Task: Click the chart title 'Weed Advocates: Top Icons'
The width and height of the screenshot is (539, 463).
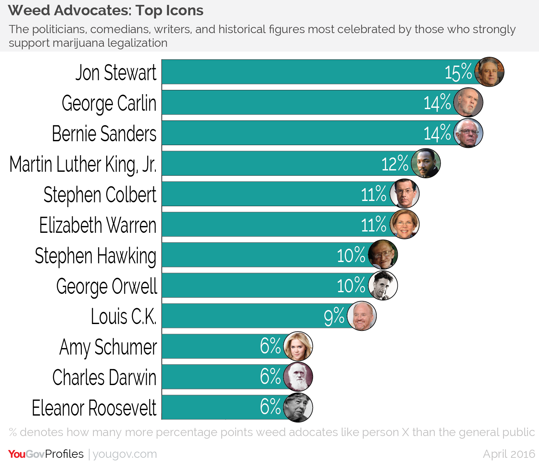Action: point(106,10)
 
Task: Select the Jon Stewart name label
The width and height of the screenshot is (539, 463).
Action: point(116,72)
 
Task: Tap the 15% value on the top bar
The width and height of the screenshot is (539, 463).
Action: point(458,72)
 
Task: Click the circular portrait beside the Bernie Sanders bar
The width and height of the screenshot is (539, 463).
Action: point(468,133)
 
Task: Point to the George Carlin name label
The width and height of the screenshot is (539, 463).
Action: point(109,103)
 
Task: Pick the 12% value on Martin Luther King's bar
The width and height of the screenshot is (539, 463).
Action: point(395,164)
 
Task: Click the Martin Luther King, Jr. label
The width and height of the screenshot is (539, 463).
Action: point(83,164)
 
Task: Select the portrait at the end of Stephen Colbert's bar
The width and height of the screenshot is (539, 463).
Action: point(405,194)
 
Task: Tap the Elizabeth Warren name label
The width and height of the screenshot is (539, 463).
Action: point(98,225)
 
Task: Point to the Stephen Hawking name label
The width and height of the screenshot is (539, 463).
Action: point(95,256)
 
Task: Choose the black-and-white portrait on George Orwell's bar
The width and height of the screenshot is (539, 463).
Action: point(383,286)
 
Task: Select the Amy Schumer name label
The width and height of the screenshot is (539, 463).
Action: point(108,347)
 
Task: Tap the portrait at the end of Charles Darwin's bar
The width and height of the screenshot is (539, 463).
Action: point(298,377)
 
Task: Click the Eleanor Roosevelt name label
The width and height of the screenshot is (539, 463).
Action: point(94,408)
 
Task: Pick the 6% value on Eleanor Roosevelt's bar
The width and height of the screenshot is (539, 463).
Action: point(270,407)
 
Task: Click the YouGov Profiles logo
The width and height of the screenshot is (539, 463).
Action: point(46,454)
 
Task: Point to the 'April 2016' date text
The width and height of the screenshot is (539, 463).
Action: point(509,454)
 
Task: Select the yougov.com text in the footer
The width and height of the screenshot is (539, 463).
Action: point(125,454)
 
